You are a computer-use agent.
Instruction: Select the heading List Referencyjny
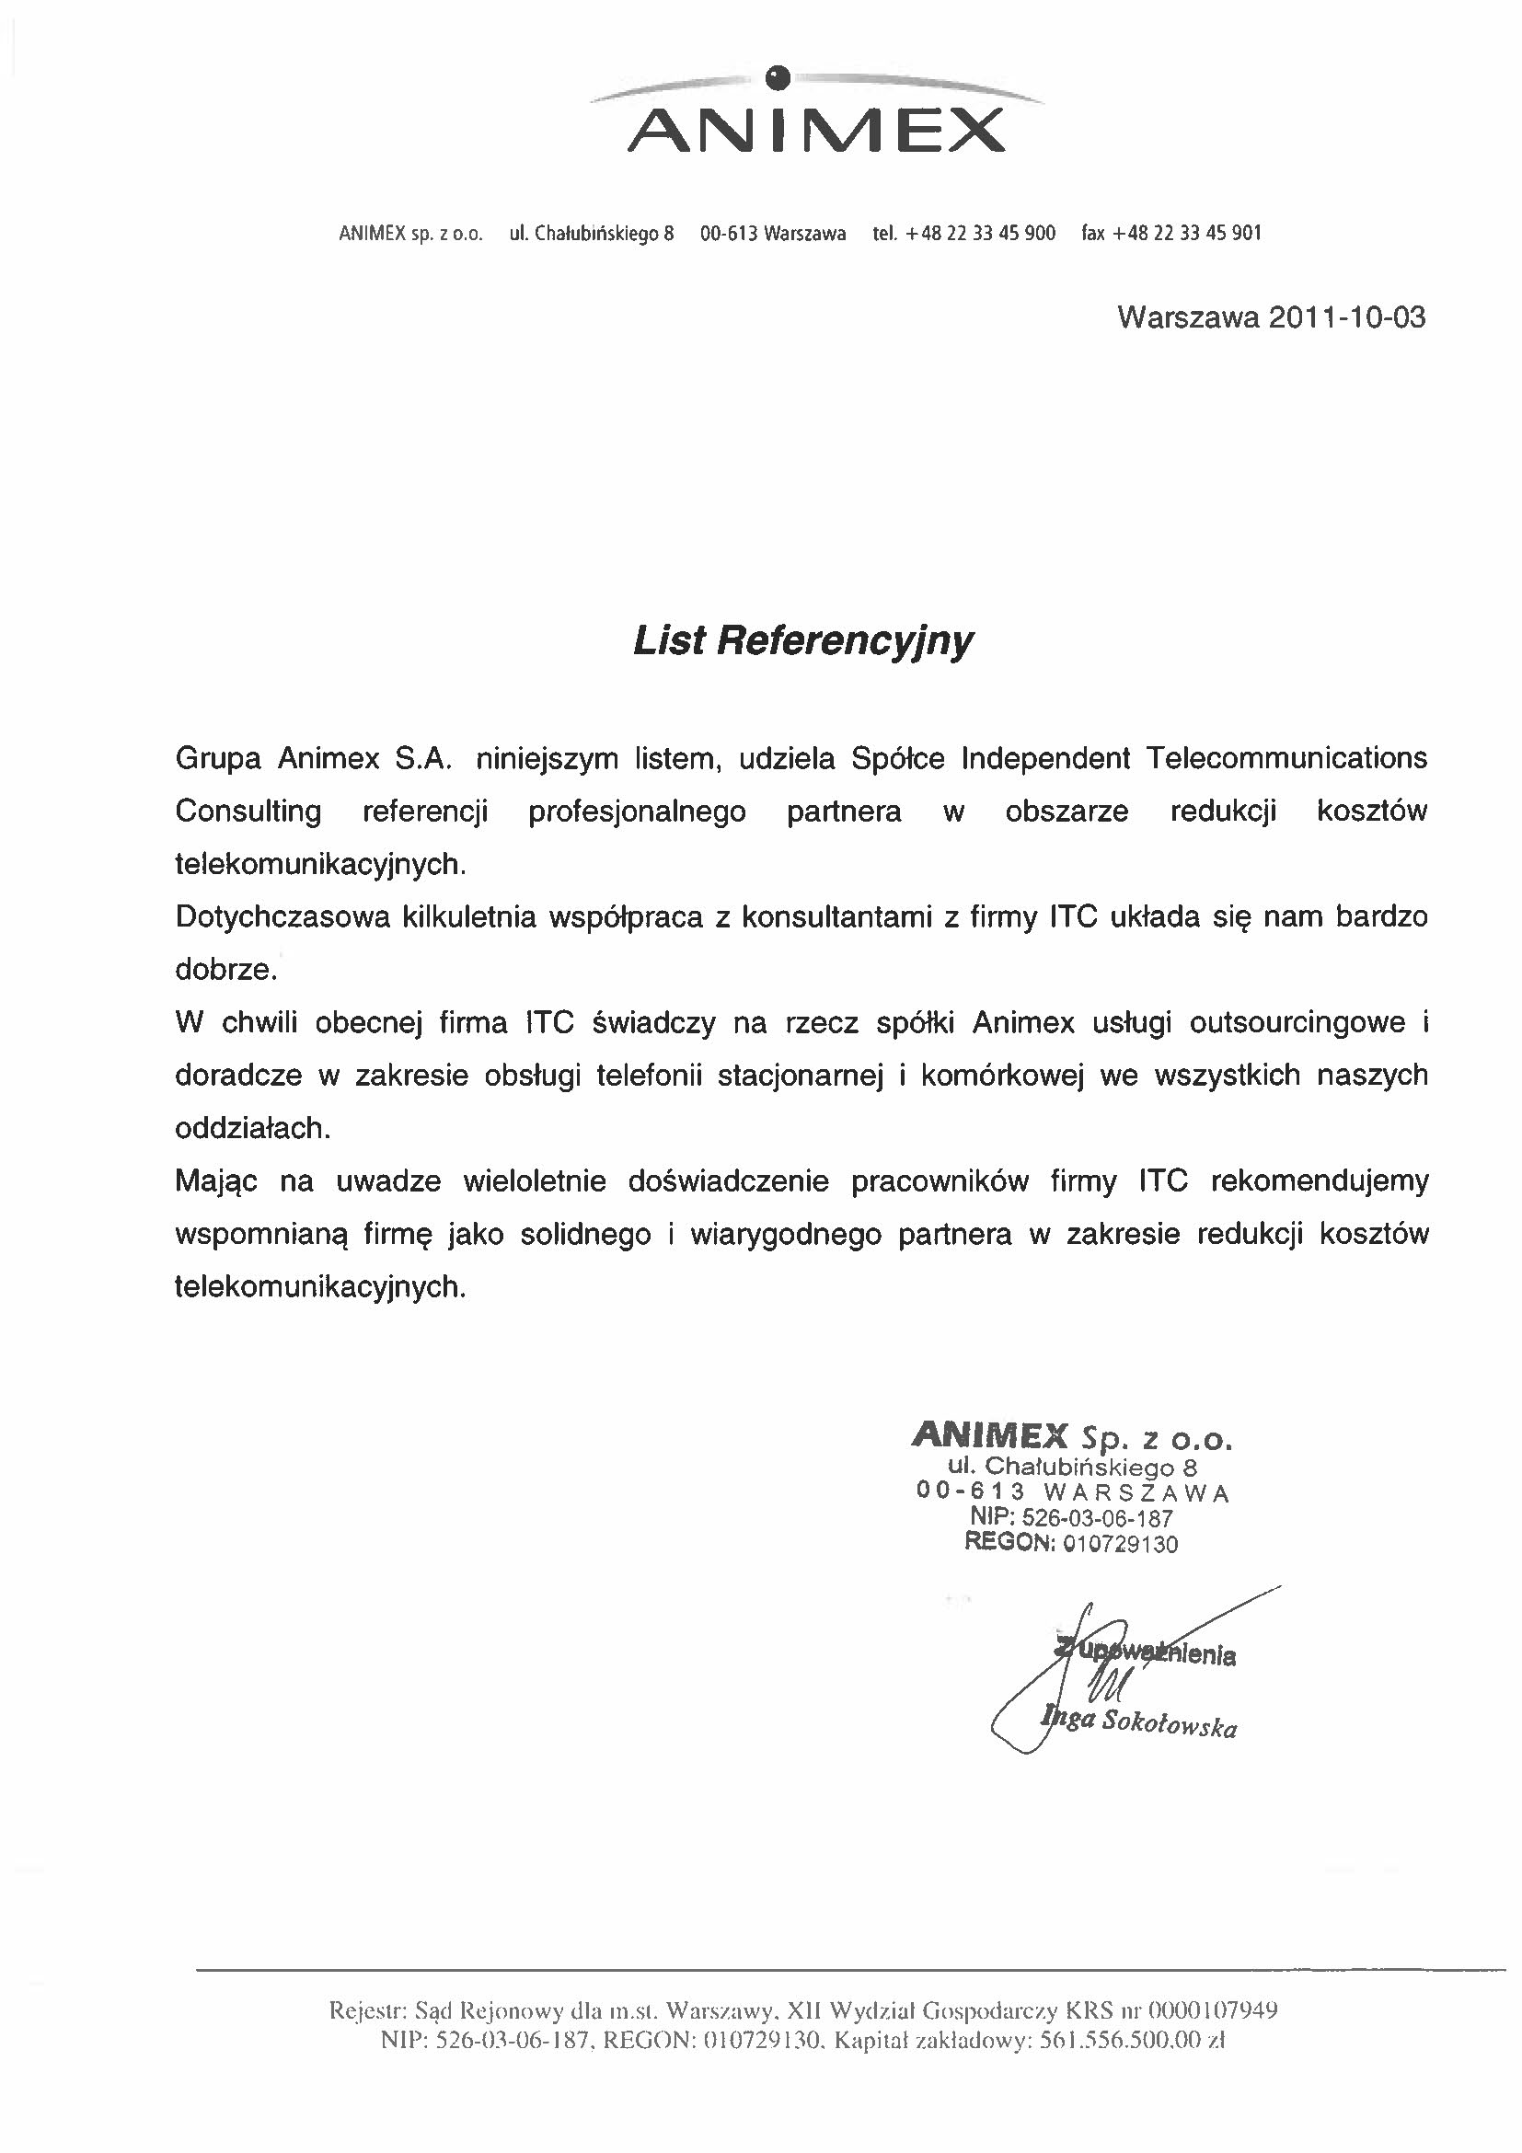[x=802, y=641]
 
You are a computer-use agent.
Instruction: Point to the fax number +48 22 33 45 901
[x=1186, y=234]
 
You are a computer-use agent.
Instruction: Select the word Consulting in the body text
[x=248, y=812]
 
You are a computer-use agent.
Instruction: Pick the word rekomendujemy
[x=1320, y=1181]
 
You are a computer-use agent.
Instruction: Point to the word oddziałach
[x=253, y=1129]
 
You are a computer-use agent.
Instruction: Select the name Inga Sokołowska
[x=1138, y=1723]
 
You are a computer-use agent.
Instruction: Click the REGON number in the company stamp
[x=1120, y=1545]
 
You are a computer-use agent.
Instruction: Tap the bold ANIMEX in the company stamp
[x=988, y=1435]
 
